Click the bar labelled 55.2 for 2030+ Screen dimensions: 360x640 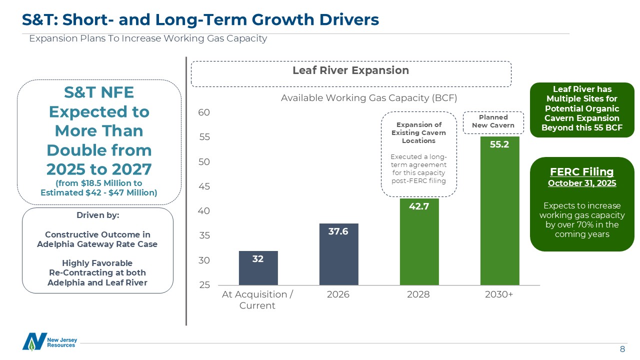[499, 210]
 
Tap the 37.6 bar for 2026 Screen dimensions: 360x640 [338, 254]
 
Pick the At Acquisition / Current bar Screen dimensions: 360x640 [258, 268]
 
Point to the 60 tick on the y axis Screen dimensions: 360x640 [204, 112]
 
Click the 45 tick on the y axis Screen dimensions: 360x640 [204, 186]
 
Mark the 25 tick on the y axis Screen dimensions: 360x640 [204, 285]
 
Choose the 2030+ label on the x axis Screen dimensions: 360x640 [499, 294]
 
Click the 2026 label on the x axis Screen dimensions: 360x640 [338, 294]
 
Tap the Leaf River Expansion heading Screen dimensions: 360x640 [350, 70]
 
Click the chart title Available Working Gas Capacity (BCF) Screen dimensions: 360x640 [369, 97]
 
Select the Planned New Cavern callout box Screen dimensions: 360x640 [493, 121]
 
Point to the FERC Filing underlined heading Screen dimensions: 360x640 [582, 172]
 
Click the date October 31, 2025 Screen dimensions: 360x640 [582, 183]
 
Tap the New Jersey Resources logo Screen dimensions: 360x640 [49, 341]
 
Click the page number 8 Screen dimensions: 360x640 [622, 349]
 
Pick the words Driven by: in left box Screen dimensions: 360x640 [97, 215]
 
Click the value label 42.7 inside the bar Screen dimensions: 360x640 [419, 206]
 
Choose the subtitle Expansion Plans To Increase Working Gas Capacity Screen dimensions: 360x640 [148, 38]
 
